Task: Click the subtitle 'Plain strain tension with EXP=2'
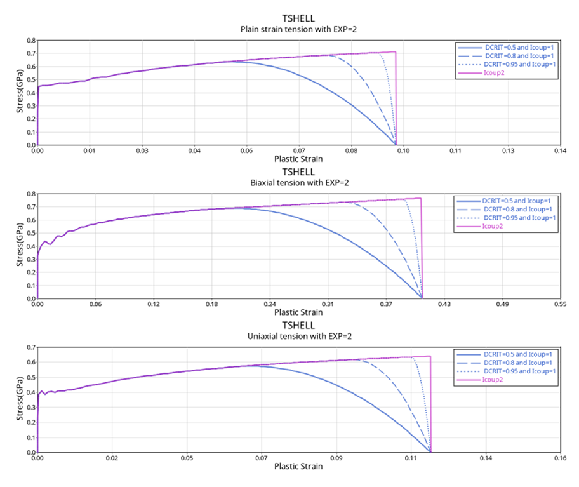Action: tap(298, 29)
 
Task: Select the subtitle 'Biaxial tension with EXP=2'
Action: tap(298, 183)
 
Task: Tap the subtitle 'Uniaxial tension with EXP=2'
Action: tap(298, 337)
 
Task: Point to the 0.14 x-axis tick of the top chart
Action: tap(559, 151)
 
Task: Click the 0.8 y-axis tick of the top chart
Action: tap(30, 40)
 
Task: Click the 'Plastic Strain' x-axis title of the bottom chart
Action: tap(298, 466)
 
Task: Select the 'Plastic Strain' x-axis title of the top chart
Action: tap(298, 159)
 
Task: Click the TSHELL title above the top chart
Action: tap(298, 18)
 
